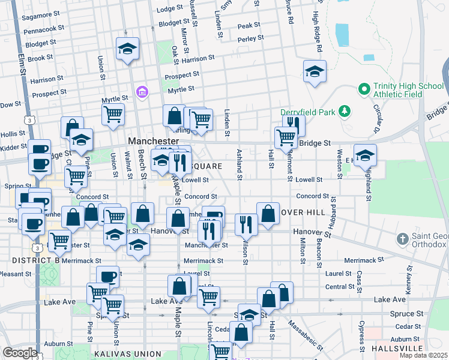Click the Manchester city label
(x=153, y=140)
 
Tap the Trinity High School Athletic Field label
(x=408, y=90)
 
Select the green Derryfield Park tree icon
(x=344, y=111)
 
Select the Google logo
(x=20, y=353)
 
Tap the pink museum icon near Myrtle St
(x=143, y=92)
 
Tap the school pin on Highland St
(x=365, y=155)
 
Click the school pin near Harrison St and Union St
(x=127, y=49)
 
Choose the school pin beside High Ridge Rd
(x=315, y=71)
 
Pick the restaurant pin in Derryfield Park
(x=294, y=124)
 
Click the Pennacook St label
(x=44, y=28)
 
